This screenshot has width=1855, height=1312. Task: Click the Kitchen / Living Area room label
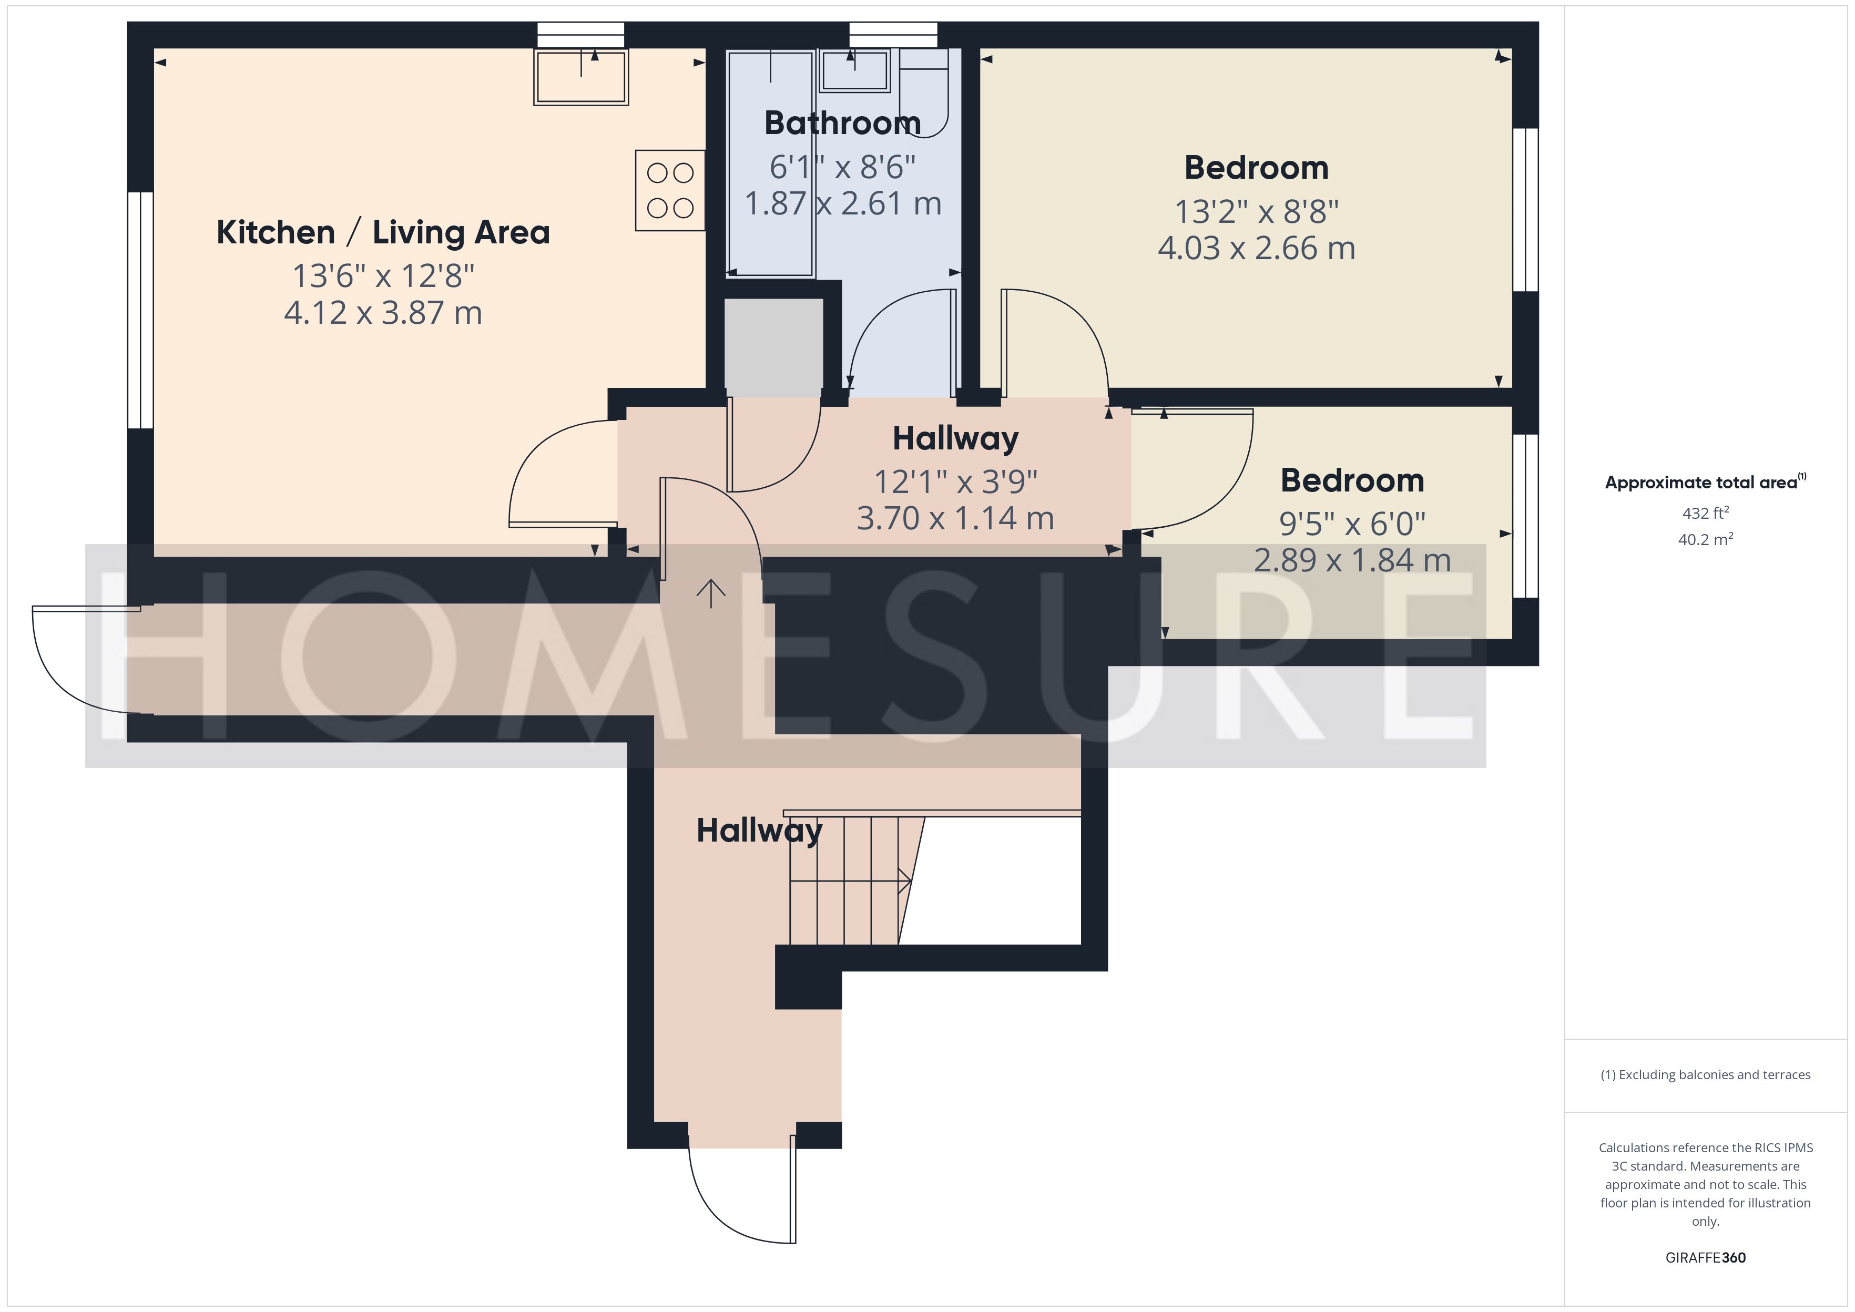pos(383,233)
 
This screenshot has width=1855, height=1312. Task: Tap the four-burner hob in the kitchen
pos(670,191)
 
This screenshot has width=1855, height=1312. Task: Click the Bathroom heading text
pos(843,123)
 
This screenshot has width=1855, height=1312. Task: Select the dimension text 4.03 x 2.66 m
pos(1256,248)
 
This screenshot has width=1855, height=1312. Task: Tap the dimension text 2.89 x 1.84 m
pos(1352,560)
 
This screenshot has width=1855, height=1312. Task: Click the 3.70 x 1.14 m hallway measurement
pos(955,518)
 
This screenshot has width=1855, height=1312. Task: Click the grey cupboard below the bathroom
pos(773,344)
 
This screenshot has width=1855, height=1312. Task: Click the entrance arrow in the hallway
pos(710,594)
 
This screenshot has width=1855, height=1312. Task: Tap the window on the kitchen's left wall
pos(140,310)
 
